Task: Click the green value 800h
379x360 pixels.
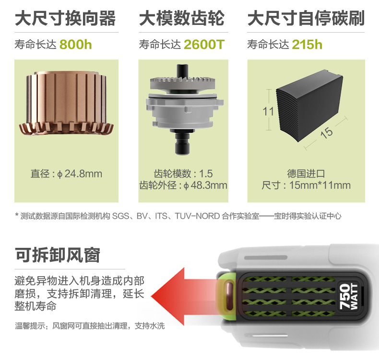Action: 76,45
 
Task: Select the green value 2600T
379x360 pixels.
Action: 204,45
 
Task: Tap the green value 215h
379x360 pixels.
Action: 307,45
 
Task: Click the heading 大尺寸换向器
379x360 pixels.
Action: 65,18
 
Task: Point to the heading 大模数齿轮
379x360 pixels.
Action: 182,18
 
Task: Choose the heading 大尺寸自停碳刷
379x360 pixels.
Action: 306,18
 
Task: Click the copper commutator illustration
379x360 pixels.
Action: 66,103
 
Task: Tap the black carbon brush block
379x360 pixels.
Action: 310,105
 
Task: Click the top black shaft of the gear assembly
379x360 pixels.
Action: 182,70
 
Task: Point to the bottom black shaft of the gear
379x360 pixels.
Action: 182,142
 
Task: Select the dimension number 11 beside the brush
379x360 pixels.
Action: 268,112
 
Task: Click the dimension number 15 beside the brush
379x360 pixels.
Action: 326,132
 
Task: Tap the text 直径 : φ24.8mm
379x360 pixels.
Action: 66,174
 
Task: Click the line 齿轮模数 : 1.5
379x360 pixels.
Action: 183,174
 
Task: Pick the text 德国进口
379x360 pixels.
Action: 306,174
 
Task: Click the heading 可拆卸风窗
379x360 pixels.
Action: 58,255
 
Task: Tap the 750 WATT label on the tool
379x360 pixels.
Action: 348,297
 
